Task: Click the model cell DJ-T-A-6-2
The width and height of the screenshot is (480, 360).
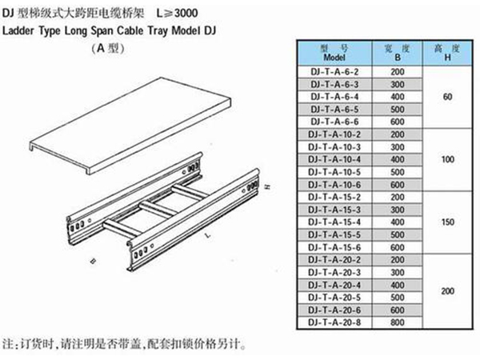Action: click(x=334, y=72)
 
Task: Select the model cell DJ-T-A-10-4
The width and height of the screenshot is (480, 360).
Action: click(x=334, y=159)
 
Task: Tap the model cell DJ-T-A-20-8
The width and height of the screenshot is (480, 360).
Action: click(x=334, y=322)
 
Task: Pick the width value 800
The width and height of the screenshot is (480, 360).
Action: click(x=398, y=322)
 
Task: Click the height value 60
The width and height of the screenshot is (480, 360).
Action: click(x=447, y=97)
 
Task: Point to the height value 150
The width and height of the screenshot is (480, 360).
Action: click(x=447, y=222)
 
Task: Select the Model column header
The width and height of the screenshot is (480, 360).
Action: click(x=334, y=53)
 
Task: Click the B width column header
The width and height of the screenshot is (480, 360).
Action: click(x=398, y=53)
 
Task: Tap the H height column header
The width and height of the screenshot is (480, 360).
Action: click(x=447, y=53)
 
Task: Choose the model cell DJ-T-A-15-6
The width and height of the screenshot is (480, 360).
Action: click(x=334, y=247)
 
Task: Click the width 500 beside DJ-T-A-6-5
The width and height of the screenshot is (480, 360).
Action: click(x=398, y=110)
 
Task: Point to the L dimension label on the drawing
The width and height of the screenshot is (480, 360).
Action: click(x=208, y=235)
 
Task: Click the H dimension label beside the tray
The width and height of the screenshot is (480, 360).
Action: click(x=267, y=186)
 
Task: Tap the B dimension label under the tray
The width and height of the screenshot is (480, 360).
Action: click(x=94, y=261)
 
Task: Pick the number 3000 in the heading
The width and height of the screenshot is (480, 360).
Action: click(x=186, y=13)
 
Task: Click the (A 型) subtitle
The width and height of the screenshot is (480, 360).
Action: click(x=108, y=48)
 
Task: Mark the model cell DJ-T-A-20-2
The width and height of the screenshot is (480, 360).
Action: click(x=334, y=260)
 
